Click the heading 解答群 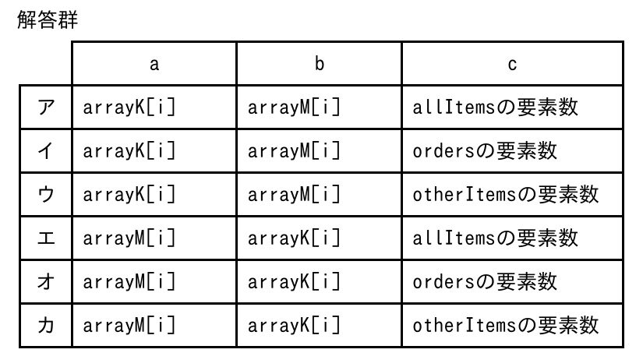pyautogui.click(x=48, y=19)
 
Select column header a pyautogui.click(x=154, y=64)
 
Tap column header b pyautogui.click(x=320, y=64)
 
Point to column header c pyautogui.click(x=512, y=65)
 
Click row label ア pyautogui.click(x=46, y=108)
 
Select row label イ pyautogui.click(x=46, y=151)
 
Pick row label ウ pyautogui.click(x=46, y=194)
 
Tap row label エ pyautogui.click(x=46, y=238)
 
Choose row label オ pyautogui.click(x=46, y=281)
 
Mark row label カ pyautogui.click(x=46, y=326)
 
